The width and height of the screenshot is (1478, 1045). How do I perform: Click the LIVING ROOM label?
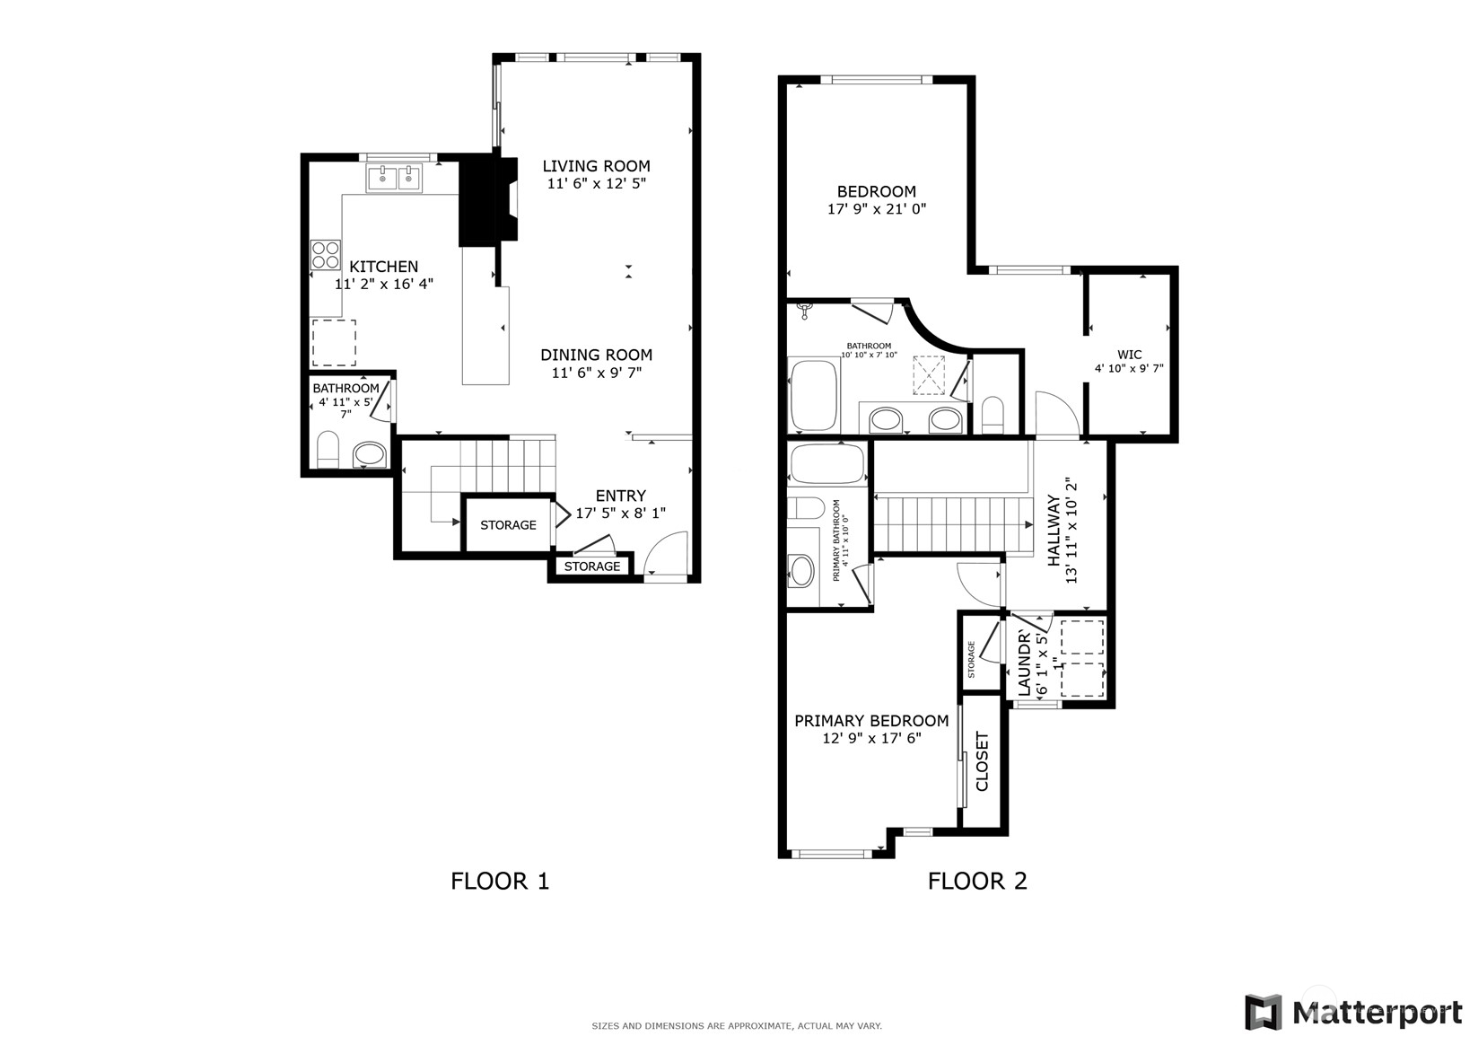click(x=596, y=166)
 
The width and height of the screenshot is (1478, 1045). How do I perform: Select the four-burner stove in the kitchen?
click(x=325, y=255)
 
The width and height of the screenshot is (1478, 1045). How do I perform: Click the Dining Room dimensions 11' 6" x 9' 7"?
click(x=596, y=372)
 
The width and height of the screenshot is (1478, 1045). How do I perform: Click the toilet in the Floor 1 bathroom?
click(x=328, y=451)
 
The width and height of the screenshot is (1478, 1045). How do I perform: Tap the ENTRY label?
click(x=620, y=496)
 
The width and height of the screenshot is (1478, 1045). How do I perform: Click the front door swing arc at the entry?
click(x=667, y=553)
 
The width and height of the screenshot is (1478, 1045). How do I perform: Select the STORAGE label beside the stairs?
click(x=508, y=525)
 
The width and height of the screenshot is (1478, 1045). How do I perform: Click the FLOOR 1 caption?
click(x=499, y=881)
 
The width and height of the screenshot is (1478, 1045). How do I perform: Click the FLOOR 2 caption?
click(x=976, y=881)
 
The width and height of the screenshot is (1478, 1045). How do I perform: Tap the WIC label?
click(x=1129, y=355)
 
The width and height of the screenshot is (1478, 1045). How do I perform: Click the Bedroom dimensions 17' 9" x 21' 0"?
click(x=876, y=209)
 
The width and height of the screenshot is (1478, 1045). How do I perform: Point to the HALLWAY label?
click(x=1053, y=530)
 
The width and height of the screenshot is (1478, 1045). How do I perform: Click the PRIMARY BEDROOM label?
click(x=870, y=721)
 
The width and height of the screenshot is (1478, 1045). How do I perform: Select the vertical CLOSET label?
click(x=982, y=761)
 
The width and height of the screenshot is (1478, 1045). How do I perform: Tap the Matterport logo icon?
click(x=1263, y=1013)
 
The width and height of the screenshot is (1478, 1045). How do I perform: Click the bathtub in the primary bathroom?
click(x=826, y=464)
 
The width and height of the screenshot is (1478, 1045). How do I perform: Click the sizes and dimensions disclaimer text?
click(x=736, y=1025)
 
